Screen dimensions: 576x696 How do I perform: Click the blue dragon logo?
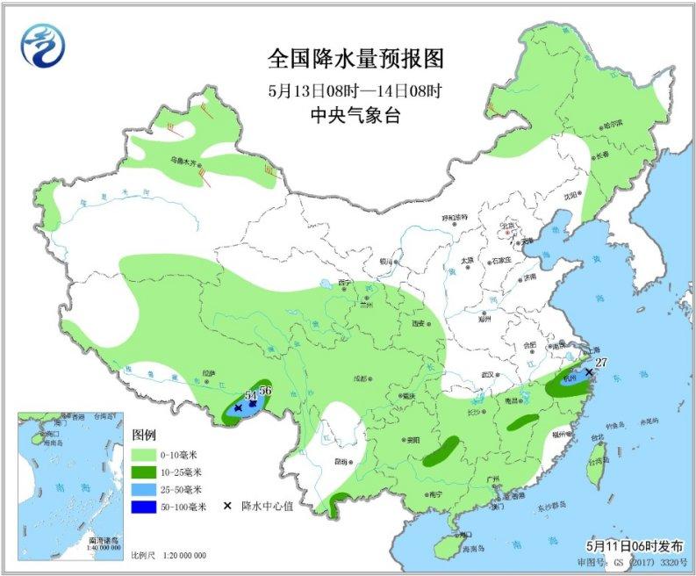pos(45,44)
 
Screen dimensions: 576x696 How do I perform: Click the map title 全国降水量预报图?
pos(355,60)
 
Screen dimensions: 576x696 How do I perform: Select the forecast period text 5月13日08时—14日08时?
pos(355,89)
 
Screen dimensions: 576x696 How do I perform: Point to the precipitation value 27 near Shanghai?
pos(601,362)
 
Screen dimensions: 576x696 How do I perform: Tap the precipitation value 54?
pos(250,397)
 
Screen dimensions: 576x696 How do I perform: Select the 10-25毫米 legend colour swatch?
pos(147,472)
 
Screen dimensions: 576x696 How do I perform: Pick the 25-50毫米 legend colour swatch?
pos(147,489)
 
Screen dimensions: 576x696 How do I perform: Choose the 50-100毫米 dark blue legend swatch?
pos(147,506)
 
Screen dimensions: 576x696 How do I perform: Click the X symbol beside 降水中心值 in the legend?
pos(227,506)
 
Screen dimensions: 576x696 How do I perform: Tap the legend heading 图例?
pos(144,436)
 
